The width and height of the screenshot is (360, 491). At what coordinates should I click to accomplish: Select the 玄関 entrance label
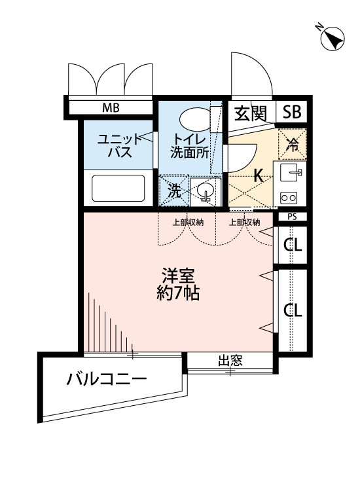tap(251, 113)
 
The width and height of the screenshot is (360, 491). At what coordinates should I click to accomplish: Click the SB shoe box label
tap(292, 113)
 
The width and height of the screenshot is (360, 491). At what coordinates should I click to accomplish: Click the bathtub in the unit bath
tap(118, 189)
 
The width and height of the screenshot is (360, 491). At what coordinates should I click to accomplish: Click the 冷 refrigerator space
tap(293, 145)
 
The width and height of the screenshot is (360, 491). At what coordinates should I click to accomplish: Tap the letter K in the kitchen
tap(258, 175)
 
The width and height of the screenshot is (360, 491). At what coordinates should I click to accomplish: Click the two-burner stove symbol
tap(289, 196)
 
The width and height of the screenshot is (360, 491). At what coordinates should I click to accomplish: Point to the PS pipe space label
tap(292, 217)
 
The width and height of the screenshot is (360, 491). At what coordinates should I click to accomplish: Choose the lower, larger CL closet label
tap(292, 310)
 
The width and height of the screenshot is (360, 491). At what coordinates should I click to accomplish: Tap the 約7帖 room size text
tap(177, 293)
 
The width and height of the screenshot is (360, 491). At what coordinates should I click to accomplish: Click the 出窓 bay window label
tap(230, 359)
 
